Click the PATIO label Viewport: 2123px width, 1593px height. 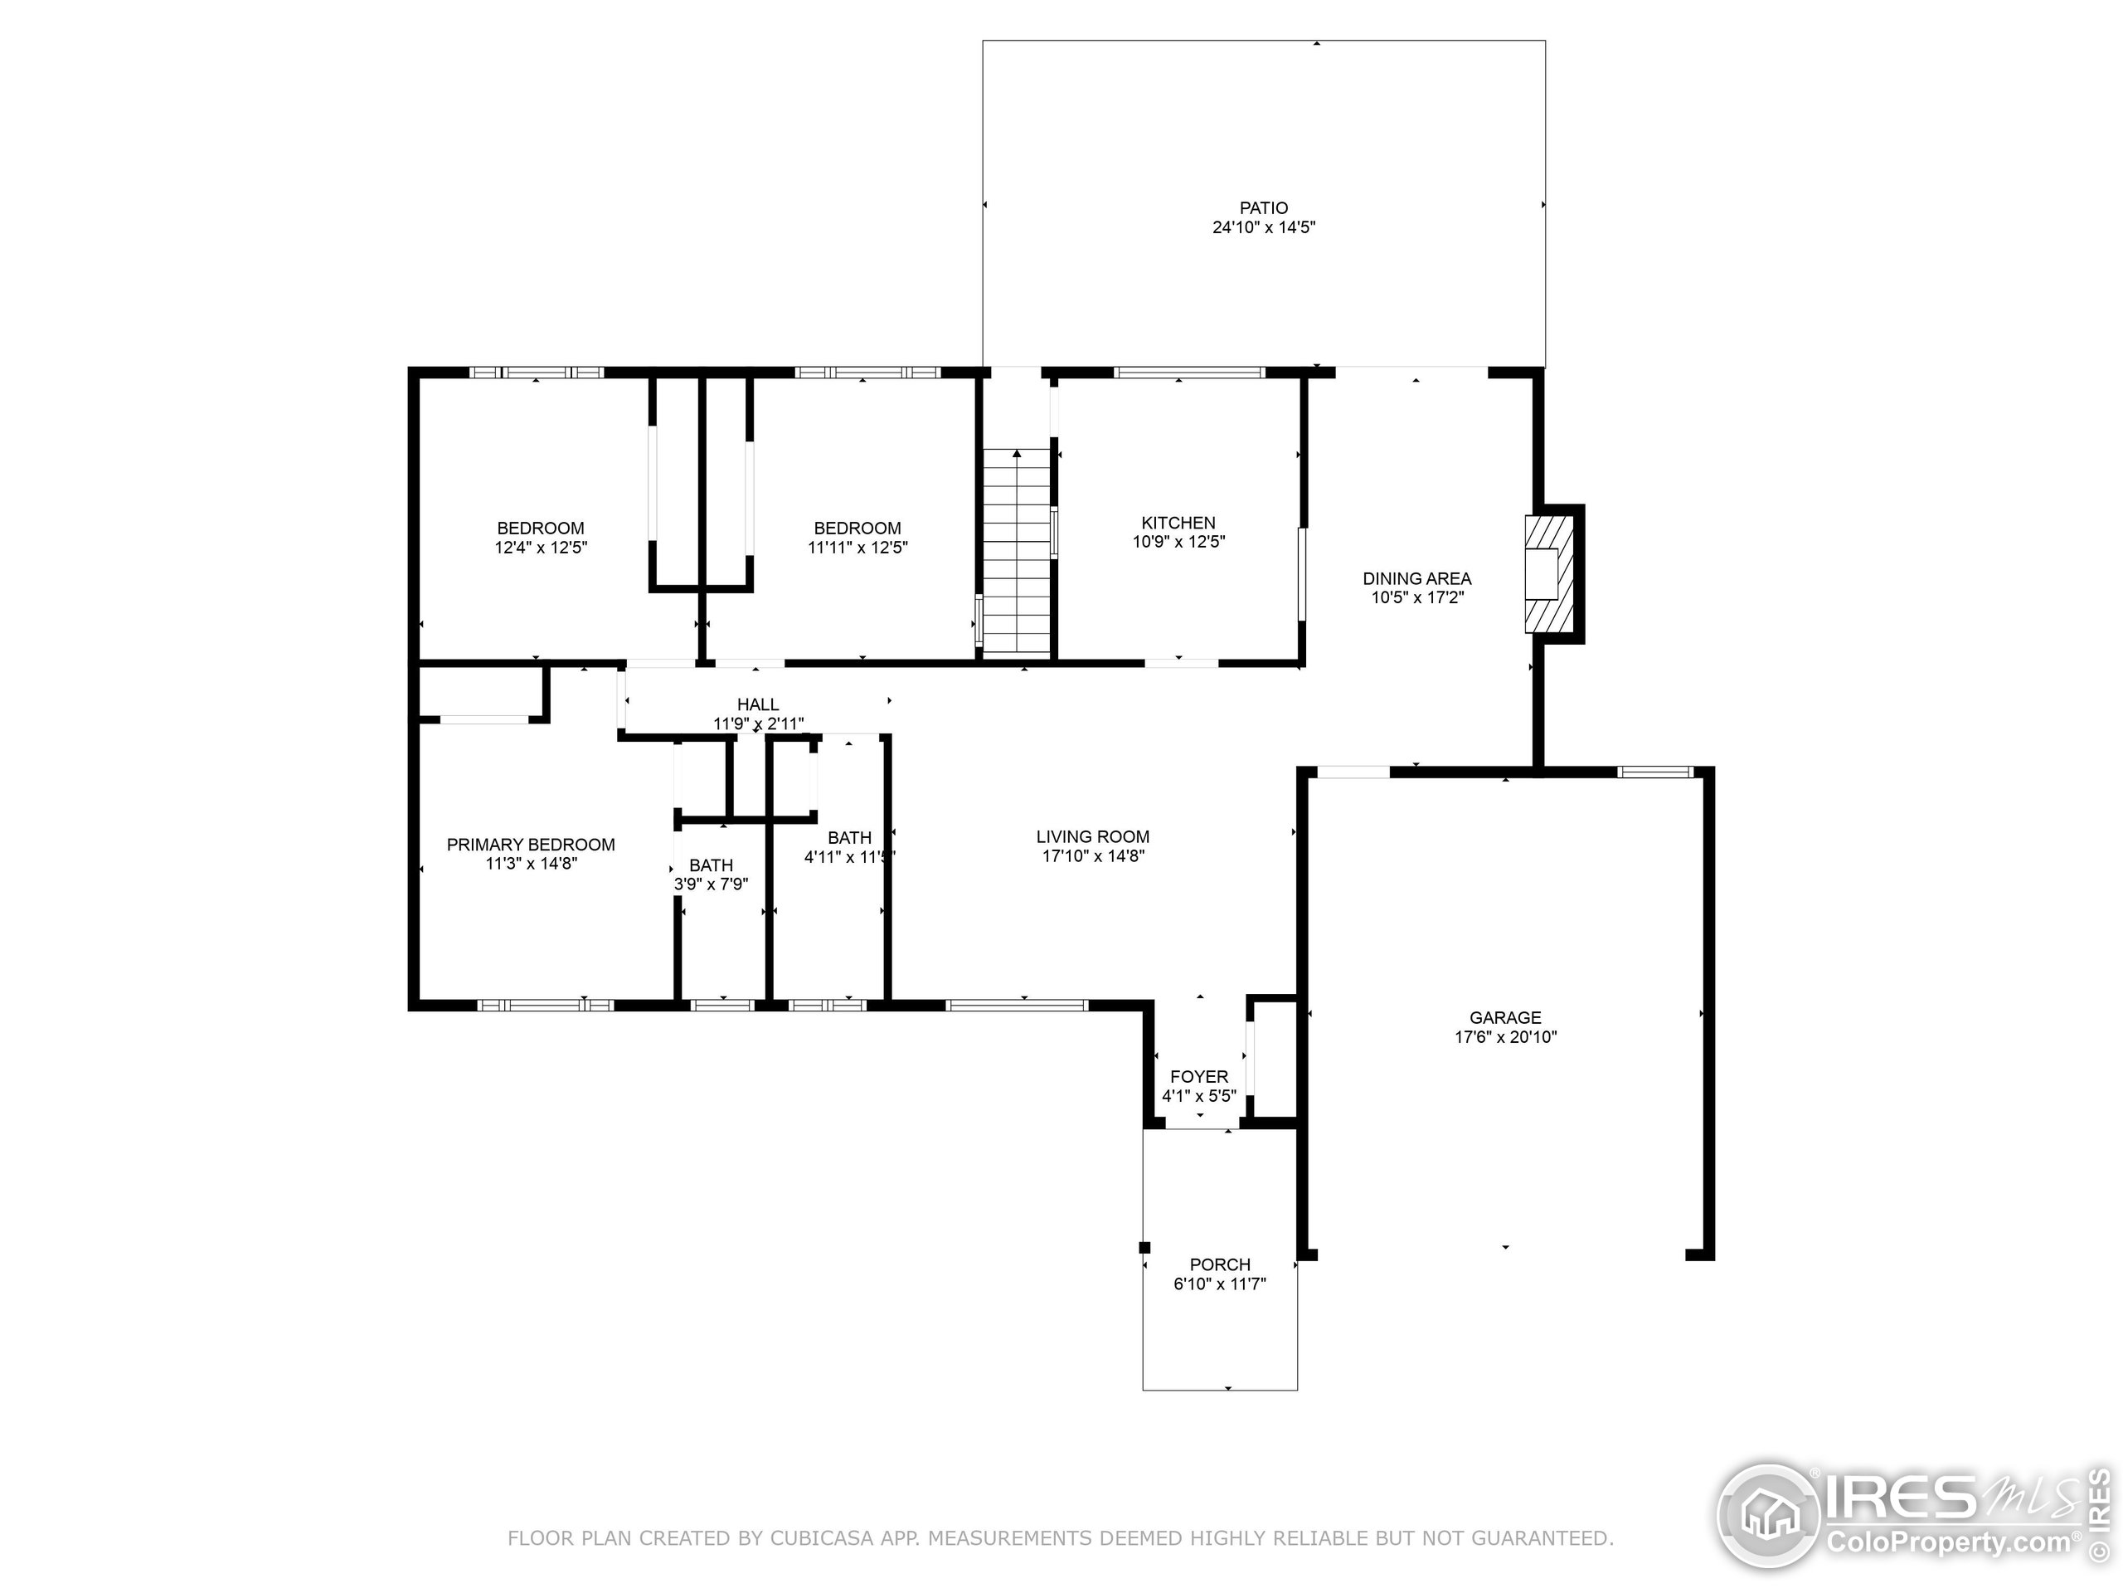coord(1263,207)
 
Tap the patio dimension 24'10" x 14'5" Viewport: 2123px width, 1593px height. coord(1263,227)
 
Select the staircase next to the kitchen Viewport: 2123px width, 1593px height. coord(1017,552)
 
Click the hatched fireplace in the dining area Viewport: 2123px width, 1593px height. coord(1548,574)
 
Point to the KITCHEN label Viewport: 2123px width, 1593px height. coord(1178,523)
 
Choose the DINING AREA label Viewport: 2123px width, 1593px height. coord(1416,578)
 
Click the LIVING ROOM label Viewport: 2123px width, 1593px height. coord(1092,836)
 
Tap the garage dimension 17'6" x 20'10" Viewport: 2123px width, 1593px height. coord(1505,1037)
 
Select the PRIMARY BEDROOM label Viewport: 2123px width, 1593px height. coord(531,844)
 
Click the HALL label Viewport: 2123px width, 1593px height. coord(757,704)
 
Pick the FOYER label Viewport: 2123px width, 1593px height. coord(1198,1076)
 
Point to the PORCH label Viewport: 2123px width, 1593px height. coord(1220,1264)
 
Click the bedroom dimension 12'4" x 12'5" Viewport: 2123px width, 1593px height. coord(541,548)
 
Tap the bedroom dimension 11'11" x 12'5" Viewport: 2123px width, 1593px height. coord(857,548)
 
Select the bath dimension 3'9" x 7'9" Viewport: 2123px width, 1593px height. coord(712,884)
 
